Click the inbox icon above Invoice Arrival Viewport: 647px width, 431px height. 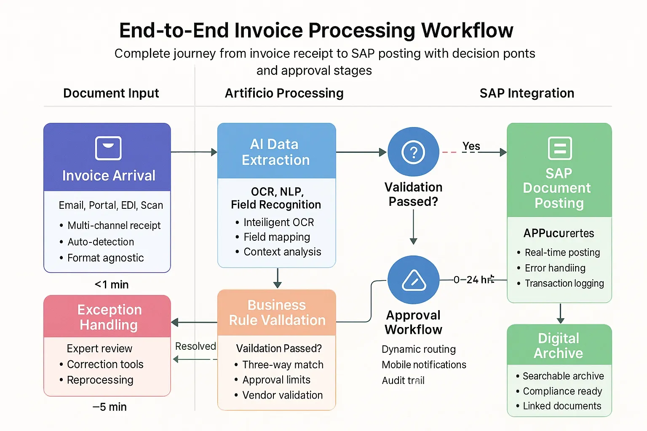tap(108, 148)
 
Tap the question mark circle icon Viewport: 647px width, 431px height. tap(413, 152)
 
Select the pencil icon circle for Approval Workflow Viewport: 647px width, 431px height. tap(413, 280)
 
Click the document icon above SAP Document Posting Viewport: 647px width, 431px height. tap(559, 148)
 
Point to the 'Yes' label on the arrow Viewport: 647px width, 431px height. tap(471, 146)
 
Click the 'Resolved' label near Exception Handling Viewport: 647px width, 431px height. tap(195, 346)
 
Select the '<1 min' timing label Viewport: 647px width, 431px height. tap(112, 285)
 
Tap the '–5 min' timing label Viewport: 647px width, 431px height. tap(110, 407)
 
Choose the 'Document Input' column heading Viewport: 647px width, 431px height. tap(111, 93)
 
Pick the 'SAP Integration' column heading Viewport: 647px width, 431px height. tap(527, 93)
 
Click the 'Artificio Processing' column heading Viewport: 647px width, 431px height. tap(284, 93)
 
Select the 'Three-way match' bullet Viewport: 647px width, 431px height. tap(283, 364)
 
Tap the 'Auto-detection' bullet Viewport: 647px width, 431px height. tap(101, 242)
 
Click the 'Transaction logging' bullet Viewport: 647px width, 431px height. tap(564, 284)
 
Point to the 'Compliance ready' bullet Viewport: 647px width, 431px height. tap(562, 391)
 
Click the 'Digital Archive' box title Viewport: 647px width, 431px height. tap(559, 346)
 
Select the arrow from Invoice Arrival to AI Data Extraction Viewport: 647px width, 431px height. tap(194, 152)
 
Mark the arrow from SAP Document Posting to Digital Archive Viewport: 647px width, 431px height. tap(560, 314)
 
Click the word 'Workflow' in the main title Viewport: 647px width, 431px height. tap(467, 30)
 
